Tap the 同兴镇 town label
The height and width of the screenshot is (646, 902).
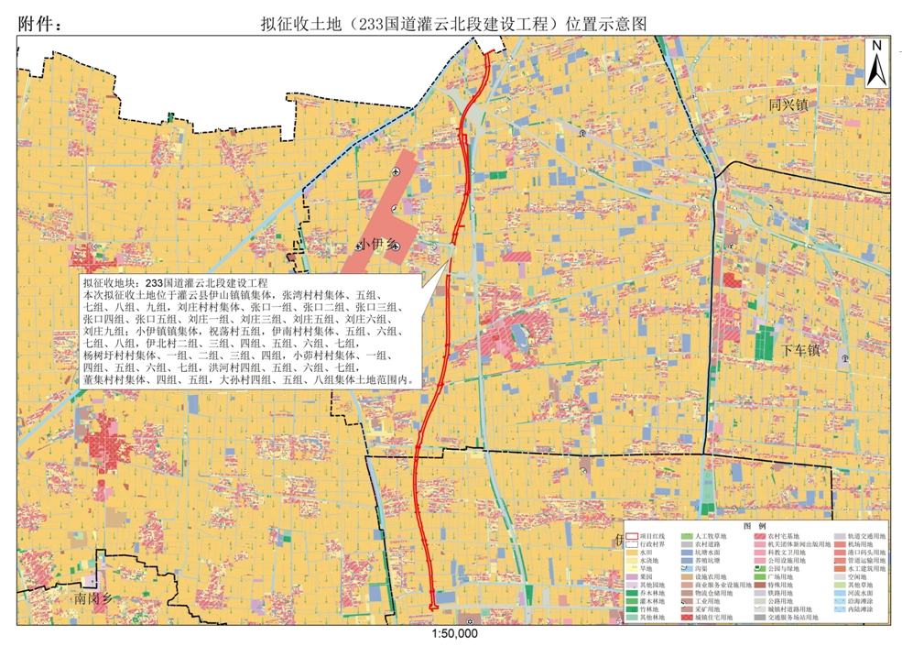(788, 104)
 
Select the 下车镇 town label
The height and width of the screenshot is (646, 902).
(801, 350)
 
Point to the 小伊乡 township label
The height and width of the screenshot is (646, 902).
(376, 244)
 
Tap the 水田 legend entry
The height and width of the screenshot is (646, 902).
(647, 553)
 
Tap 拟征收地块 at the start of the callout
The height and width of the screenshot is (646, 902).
(113, 283)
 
